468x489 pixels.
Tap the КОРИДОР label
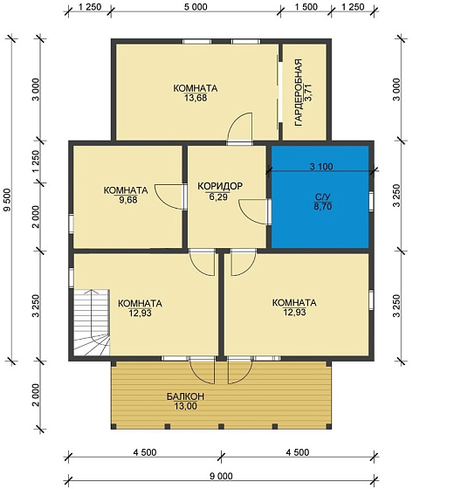click(x=220, y=186)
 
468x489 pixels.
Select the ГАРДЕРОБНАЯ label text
click(x=299, y=93)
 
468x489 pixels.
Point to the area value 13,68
click(x=196, y=98)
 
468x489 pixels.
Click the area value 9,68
click(x=128, y=200)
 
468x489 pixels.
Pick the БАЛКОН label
click(x=185, y=396)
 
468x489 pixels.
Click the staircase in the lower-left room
click(x=92, y=322)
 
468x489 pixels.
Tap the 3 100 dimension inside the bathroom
click(x=321, y=167)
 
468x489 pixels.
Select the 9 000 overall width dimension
click(x=221, y=476)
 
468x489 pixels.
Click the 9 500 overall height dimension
click(x=8, y=200)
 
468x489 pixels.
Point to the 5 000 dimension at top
click(x=196, y=7)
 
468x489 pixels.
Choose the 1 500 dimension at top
click(x=306, y=7)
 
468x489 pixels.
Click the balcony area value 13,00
click(x=185, y=406)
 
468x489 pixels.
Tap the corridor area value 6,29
click(x=218, y=197)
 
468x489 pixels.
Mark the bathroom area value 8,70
click(x=323, y=206)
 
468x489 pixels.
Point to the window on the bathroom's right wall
click(x=371, y=202)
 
